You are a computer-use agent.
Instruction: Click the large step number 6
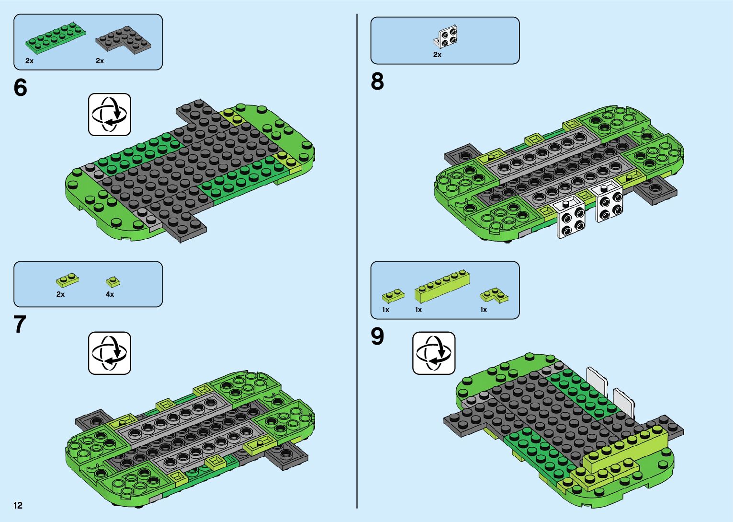(21, 88)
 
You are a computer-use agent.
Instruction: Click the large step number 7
(20, 325)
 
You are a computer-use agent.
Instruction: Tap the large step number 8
(377, 81)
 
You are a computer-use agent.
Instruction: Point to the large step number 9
(377, 336)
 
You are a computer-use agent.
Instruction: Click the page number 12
(18, 505)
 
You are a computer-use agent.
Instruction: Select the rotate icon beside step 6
(110, 115)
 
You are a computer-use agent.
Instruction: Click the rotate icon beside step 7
(110, 353)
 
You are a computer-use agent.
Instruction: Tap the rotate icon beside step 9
(434, 353)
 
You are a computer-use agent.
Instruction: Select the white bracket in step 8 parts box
(447, 37)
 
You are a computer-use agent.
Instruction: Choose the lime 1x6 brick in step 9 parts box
(441, 287)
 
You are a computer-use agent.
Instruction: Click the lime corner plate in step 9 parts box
(495, 294)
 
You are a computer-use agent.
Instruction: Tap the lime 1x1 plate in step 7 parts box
(113, 281)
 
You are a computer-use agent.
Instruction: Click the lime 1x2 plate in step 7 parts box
(68, 279)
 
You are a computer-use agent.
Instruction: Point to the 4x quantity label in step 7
(110, 294)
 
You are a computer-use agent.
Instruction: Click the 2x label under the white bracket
(437, 55)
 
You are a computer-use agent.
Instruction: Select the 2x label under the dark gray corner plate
(100, 61)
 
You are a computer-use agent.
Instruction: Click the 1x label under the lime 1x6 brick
(418, 310)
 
